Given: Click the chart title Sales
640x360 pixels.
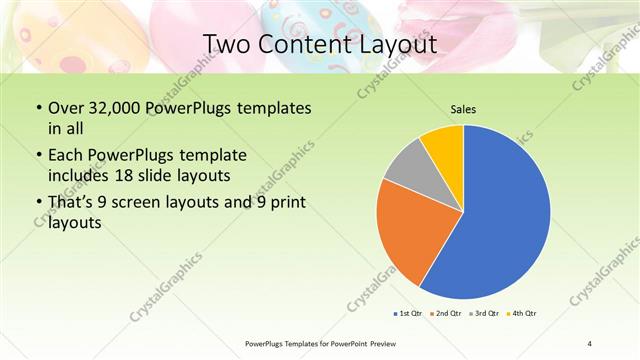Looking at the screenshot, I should [463, 109].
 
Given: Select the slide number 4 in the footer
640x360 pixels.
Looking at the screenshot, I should [590, 344].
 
